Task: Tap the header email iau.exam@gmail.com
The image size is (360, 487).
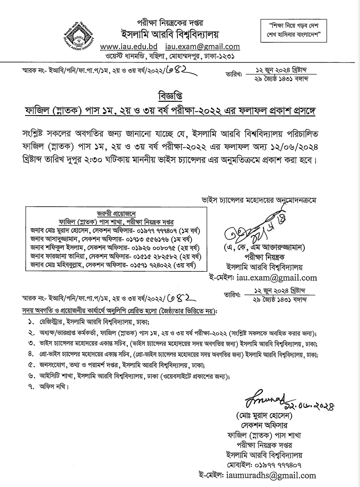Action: click(202, 47)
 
